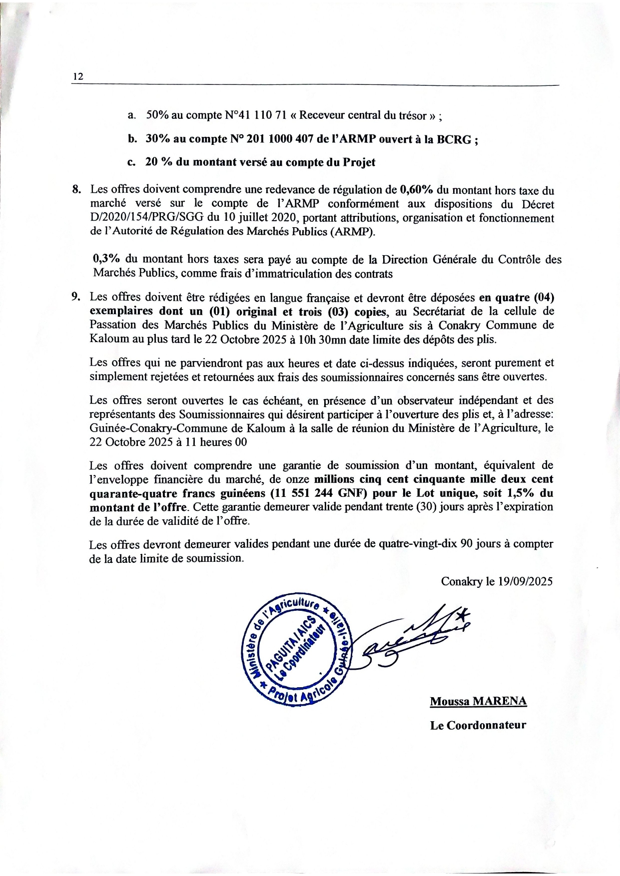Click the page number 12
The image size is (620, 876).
(77, 76)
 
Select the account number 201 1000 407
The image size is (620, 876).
(278, 139)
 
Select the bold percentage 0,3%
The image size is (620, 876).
(106, 259)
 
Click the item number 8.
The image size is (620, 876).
(76, 190)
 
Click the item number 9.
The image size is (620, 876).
(76, 297)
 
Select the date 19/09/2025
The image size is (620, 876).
(525, 581)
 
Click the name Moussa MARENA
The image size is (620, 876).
(478, 701)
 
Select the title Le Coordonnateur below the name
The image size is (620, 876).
(478, 725)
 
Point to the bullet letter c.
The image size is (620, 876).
(131, 162)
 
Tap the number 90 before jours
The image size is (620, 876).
(466, 544)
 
